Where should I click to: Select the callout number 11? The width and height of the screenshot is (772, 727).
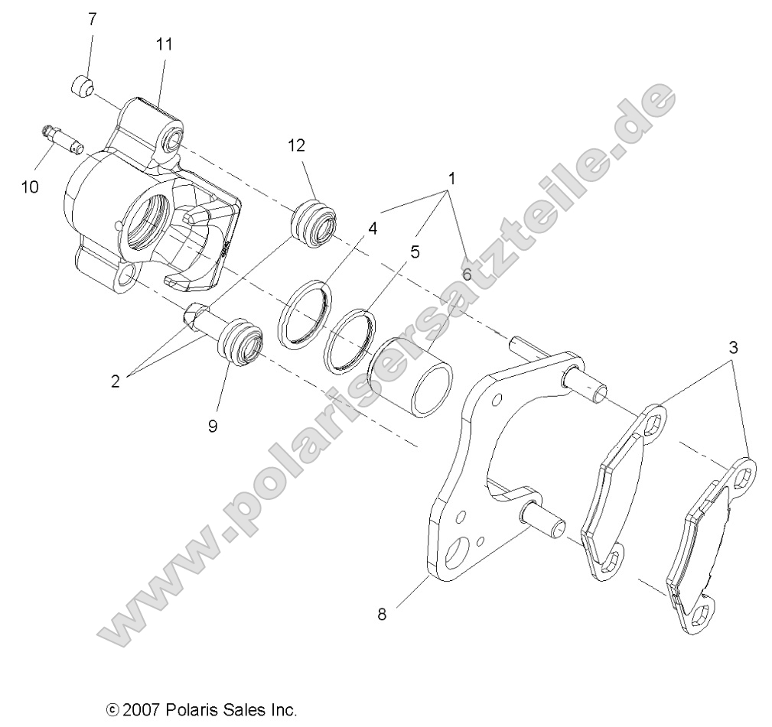click(x=164, y=44)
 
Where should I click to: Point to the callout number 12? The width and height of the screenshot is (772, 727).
click(x=296, y=145)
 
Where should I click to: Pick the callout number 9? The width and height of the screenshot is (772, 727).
click(x=212, y=426)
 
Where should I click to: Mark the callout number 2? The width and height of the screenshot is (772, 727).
click(x=116, y=381)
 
